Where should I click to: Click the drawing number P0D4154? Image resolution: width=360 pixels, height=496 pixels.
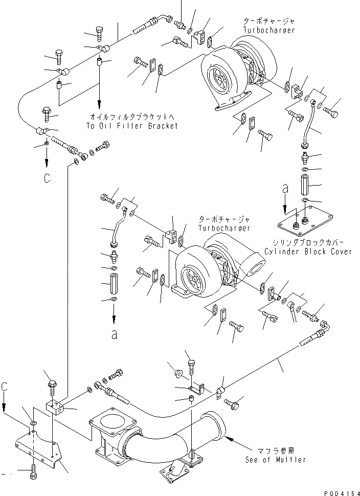tap(339, 491)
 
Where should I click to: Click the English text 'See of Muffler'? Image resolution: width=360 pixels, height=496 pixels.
tap(275, 460)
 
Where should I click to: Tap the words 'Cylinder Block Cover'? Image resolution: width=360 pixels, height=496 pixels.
tap(308, 252)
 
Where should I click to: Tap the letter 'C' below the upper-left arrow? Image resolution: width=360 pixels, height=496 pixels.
tap(47, 178)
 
